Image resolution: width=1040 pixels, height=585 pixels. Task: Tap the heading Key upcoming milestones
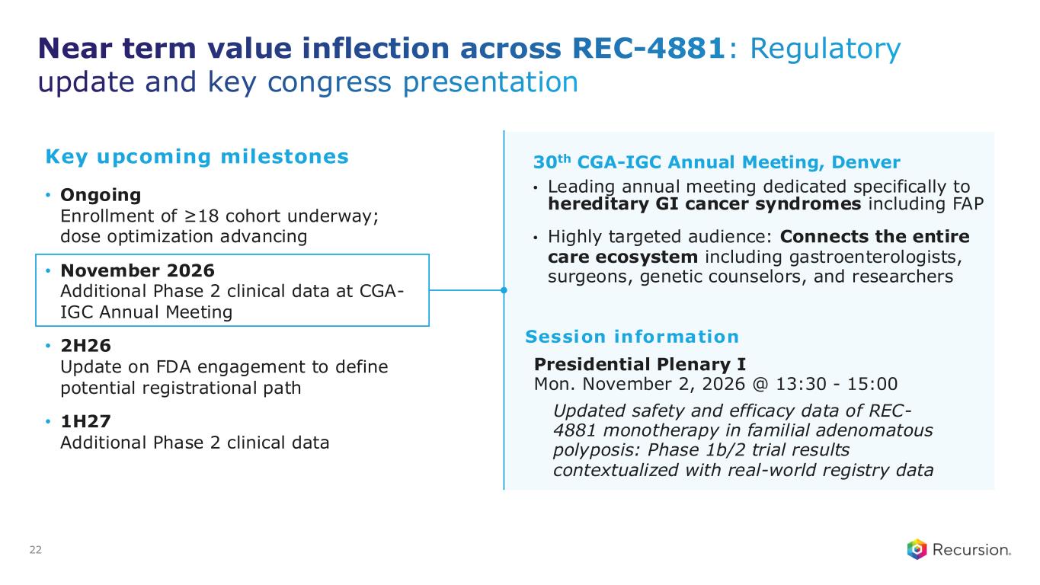[x=197, y=157]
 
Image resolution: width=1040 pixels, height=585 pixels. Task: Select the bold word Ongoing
[x=101, y=196]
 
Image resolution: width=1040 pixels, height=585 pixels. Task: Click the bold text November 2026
[x=137, y=270]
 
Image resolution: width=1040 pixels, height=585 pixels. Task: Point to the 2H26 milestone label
[x=86, y=346]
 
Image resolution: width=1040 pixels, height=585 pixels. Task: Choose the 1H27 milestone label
[x=86, y=421]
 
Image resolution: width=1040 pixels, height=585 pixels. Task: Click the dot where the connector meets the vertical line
[x=504, y=290]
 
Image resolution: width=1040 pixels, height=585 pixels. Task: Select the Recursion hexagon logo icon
[x=917, y=549]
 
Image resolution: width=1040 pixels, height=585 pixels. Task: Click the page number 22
[x=36, y=550]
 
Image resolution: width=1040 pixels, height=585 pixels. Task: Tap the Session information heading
[x=632, y=337]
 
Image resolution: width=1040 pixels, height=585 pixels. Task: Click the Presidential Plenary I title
[x=640, y=364]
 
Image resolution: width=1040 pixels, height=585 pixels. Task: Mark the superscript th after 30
[x=564, y=158]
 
